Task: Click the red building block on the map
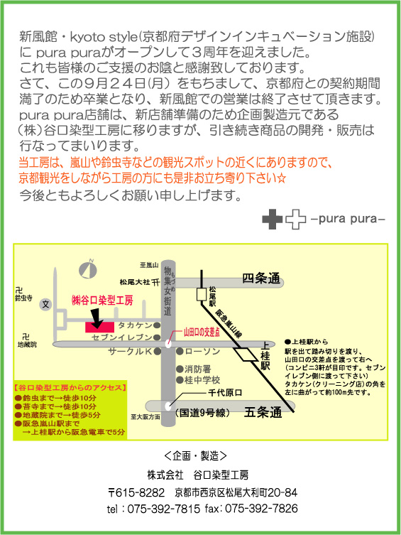[99, 327]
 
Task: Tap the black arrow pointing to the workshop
[97, 318]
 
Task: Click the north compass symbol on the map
[88, 269]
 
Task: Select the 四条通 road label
[261, 279]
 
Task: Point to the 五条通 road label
[263, 412]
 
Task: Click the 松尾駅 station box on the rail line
[202, 294]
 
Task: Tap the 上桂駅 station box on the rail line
[246, 354]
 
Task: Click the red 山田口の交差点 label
[202, 332]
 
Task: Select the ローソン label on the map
[202, 351]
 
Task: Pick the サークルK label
[130, 351]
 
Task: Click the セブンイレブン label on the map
[121, 337]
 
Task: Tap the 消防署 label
[197, 369]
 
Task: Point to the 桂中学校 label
[202, 379]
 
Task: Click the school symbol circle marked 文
[45, 304]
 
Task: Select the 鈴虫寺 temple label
[23, 298]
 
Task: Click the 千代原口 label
[225, 393]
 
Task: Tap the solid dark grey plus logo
[273, 219]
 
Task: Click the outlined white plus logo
[295, 219]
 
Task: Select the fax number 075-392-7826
[261, 509]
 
